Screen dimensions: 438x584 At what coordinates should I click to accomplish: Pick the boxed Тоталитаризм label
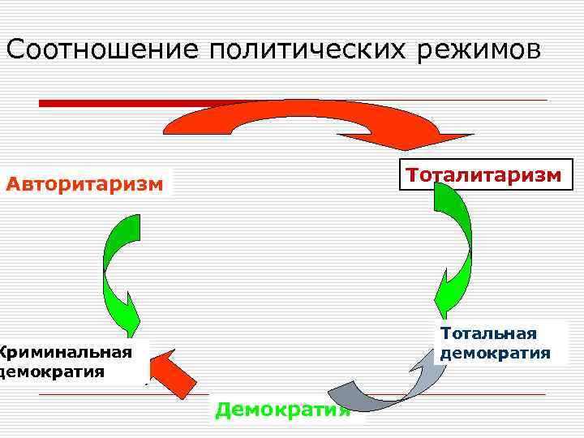pos(483,175)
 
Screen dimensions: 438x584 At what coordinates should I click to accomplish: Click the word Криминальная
pos(67,352)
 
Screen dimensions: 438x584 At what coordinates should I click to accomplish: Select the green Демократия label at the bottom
pos(282,410)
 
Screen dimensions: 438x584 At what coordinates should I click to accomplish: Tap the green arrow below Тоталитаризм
pos(454,243)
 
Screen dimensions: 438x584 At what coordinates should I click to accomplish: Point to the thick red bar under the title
pos(122,103)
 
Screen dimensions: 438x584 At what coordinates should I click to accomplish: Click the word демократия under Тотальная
pos(495,353)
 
